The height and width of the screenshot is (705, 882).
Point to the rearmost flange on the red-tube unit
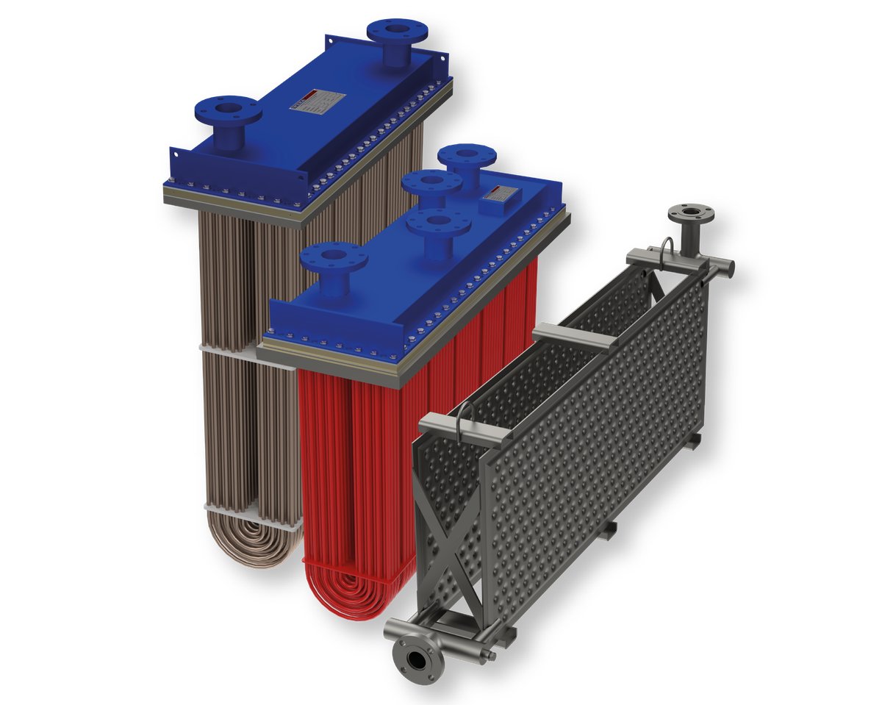tap(467, 158)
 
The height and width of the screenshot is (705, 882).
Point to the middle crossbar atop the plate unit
tap(573, 338)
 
